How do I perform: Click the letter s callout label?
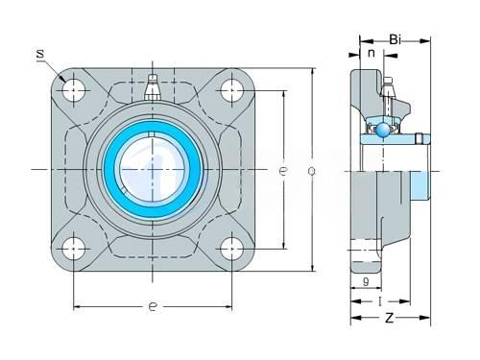(40, 54)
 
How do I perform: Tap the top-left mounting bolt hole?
(74, 90)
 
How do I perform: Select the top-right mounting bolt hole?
(231, 90)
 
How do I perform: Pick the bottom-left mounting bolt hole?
(74, 249)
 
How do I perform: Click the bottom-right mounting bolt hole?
(231, 249)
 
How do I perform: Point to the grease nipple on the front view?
(153, 87)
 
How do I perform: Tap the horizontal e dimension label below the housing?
(153, 306)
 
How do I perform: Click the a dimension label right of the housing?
(311, 171)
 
